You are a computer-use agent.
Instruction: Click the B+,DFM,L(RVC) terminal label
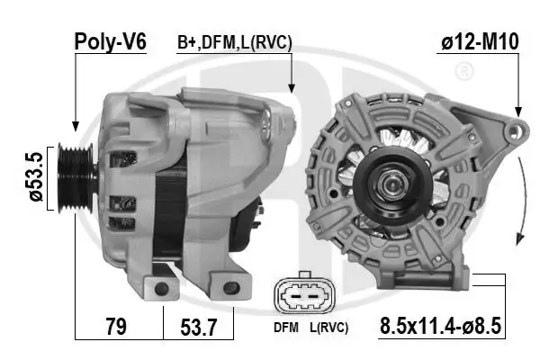tap(234, 42)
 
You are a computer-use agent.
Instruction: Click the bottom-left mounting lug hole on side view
tap(163, 288)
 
